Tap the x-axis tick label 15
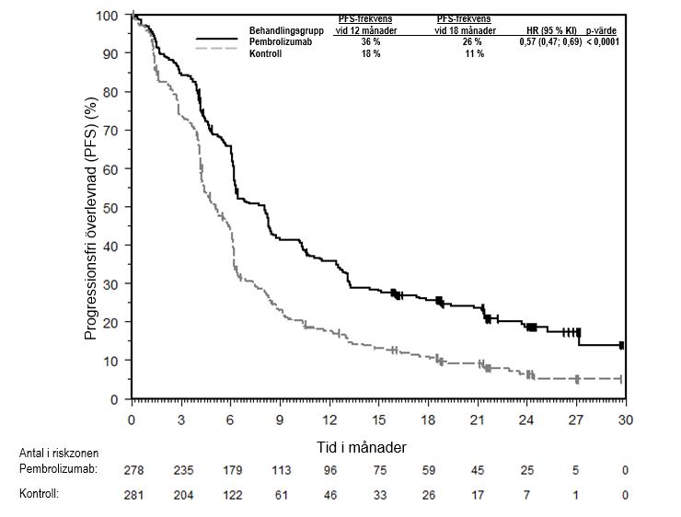point(378,419)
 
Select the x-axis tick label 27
point(576,419)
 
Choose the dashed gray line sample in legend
point(219,54)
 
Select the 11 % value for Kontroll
point(474,54)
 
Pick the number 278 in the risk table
point(133,470)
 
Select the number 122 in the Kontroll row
point(232,494)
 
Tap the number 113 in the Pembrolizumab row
point(281,470)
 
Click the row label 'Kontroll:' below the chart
point(39,494)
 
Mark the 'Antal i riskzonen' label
point(58,453)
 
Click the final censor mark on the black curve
point(622,345)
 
